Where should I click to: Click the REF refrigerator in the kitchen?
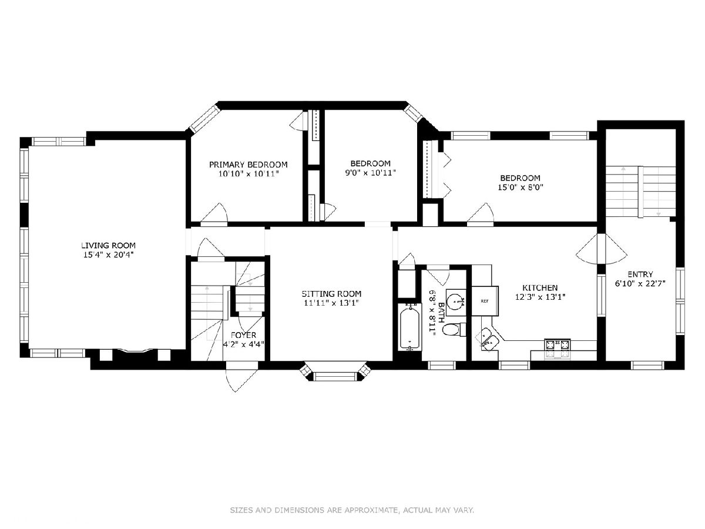pos(485,301)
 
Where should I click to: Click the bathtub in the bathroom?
pos(409,327)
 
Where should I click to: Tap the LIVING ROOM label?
pos(108,245)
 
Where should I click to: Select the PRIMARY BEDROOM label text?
pos(249,165)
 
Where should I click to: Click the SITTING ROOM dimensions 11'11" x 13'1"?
pos(331,303)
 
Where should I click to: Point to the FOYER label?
pos(243,335)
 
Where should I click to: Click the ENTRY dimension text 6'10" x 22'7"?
pos(640,284)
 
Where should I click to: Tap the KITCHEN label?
pos(540,287)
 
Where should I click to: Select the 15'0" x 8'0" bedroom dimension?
pos(521,187)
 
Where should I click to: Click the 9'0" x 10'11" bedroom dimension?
pos(370,172)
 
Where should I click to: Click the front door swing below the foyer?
pos(240,379)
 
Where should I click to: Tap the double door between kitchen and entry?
pos(601,249)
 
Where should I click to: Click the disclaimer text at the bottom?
pos(352,510)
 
